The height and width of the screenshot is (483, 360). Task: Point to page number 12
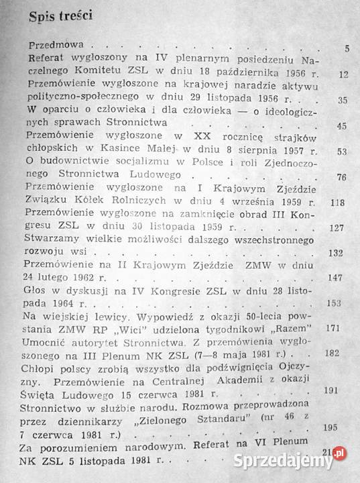(343, 72)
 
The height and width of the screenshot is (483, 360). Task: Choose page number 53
(343, 152)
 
